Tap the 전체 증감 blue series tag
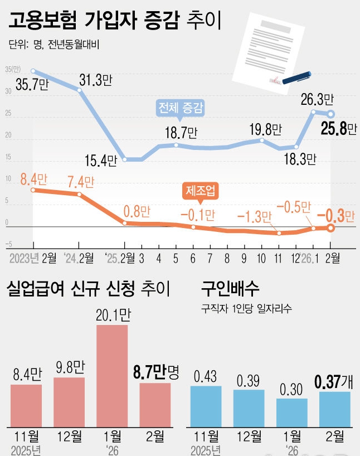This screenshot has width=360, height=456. click(181, 106)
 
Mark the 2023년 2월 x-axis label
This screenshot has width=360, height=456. click(32, 258)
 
